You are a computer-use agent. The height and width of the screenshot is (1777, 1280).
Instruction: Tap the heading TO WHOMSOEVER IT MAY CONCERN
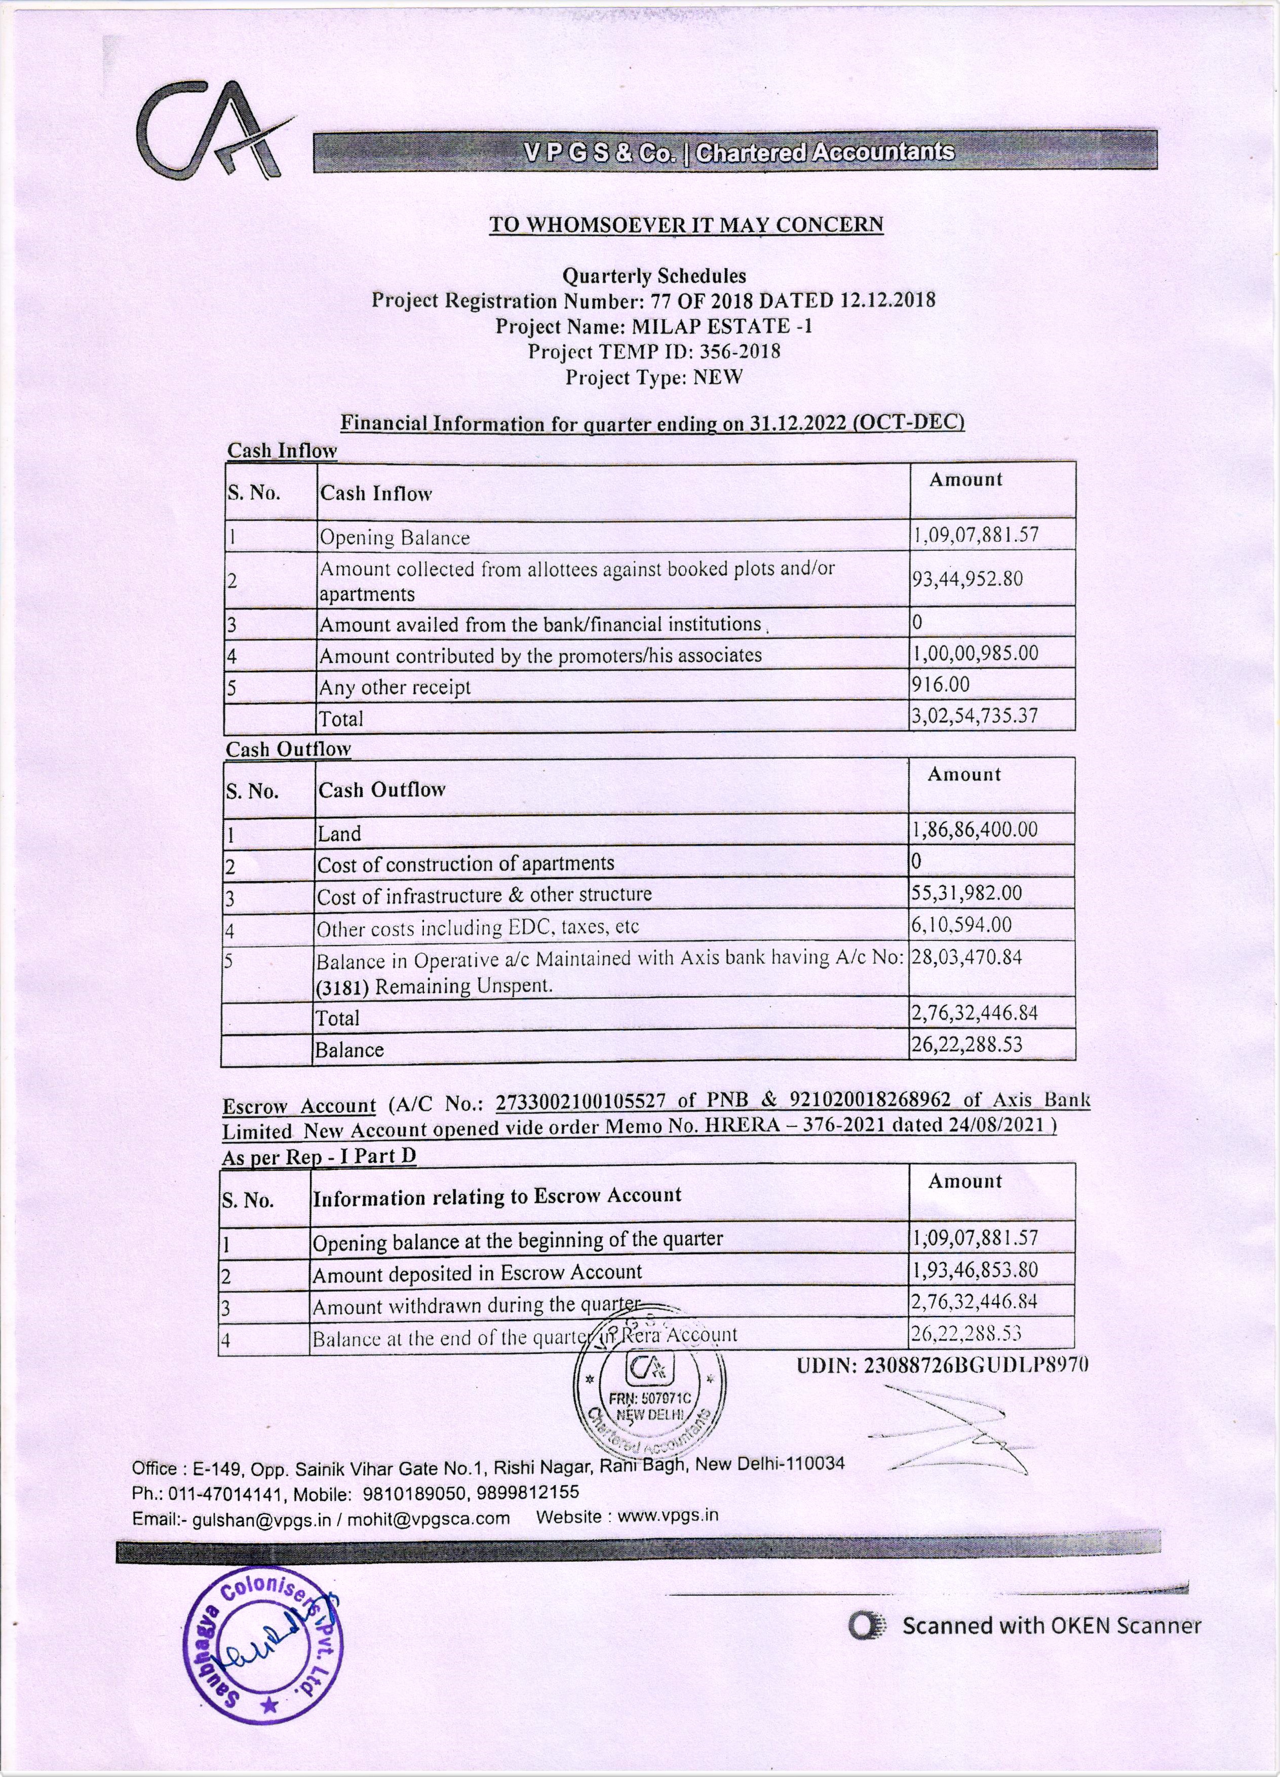pos(686,225)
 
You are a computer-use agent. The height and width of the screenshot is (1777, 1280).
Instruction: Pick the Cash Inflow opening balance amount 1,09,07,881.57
pos(975,536)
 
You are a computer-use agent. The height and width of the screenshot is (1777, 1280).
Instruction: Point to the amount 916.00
pos(940,685)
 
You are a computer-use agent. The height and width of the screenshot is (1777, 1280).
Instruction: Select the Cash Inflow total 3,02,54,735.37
pos(975,716)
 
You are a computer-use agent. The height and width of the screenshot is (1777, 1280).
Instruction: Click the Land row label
pos(339,834)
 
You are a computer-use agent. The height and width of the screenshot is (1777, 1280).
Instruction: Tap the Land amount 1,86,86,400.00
pos(975,830)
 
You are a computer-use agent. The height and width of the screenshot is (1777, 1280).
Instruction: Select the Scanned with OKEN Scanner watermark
pos(1026,1626)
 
